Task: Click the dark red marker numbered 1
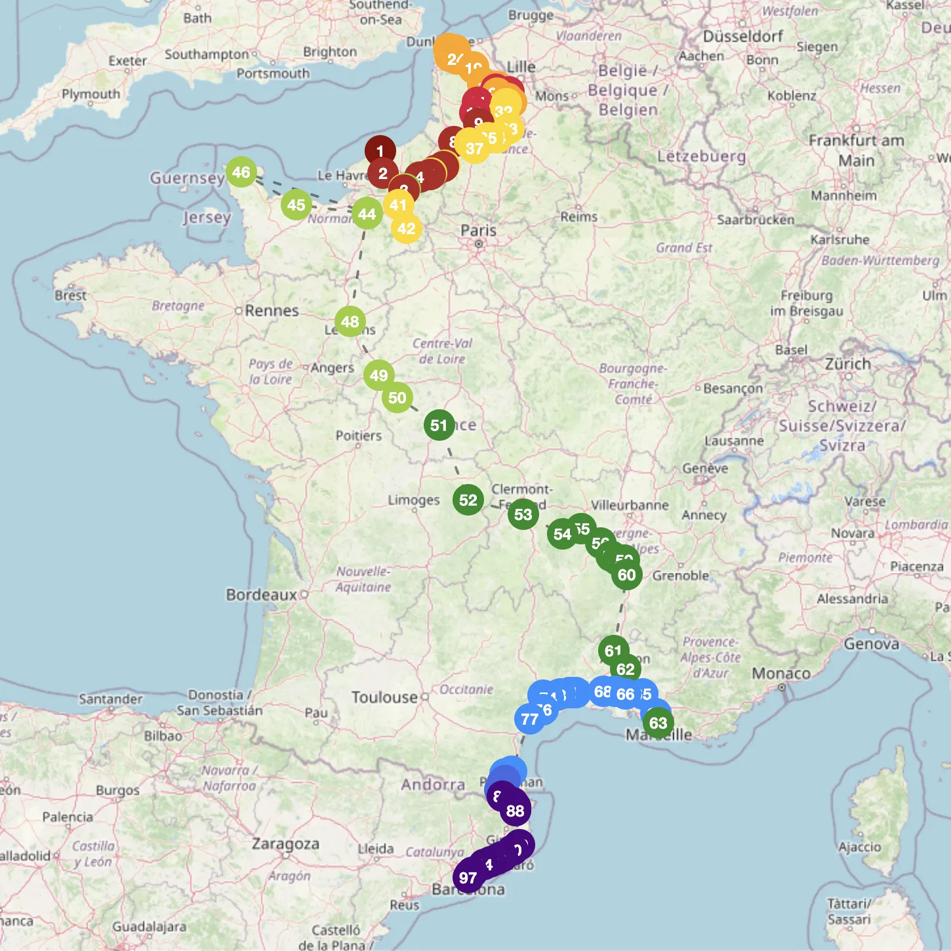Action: point(380,151)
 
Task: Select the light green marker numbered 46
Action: point(241,172)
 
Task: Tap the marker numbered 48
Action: point(350,321)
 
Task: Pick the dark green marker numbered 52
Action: point(468,500)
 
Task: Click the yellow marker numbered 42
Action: point(407,228)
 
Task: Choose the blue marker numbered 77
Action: point(530,719)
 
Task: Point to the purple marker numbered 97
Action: point(468,878)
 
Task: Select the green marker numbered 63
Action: point(658,723)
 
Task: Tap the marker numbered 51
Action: point(439,425)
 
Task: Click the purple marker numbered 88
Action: point(516,811)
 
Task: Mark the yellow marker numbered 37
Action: point(474,148)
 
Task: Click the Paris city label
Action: point(478,230)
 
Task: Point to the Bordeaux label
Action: point(262,595)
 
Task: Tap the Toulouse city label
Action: point(384,697)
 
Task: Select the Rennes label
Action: point(272,310)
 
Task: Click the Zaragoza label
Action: point(285,843)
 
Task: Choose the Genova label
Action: point(871,643)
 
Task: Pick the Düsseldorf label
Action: point(742,36)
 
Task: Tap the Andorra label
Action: point(433,784)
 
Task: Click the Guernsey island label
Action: point(188,178)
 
